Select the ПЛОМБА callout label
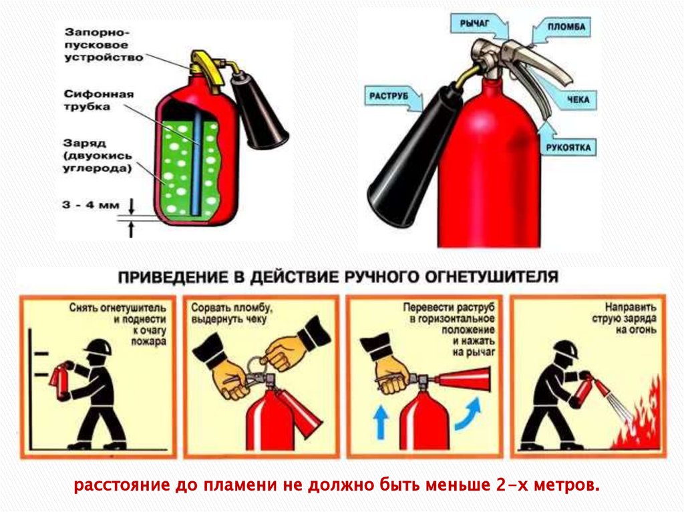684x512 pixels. tap(566, 27)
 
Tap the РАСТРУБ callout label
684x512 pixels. tap(389, 96)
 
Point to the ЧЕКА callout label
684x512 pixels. tap(578, 100)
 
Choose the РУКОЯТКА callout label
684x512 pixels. tap(568, 148)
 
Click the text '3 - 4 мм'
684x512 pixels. tap(91, 204)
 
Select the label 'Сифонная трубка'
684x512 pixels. tap(99, 100)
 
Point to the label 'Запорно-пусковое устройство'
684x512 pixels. tap(104, 45)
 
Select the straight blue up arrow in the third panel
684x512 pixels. tap(380, 421)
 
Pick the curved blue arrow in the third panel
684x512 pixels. tap(469, 415)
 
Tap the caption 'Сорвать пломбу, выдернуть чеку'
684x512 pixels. tap(232, 314)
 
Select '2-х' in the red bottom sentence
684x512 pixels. tap(512, 485)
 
